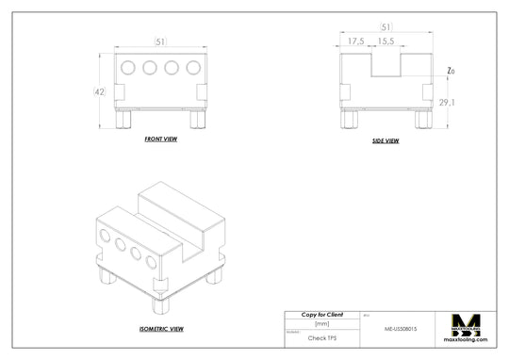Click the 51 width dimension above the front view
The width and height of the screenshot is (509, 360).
[160, 41]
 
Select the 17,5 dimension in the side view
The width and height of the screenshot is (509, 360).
[356, 42]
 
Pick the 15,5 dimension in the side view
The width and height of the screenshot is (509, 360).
[385, 42]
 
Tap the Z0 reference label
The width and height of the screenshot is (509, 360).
[452, 72]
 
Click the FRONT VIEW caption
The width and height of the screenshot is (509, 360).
[160, 139]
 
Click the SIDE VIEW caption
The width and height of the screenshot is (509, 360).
[386, 140]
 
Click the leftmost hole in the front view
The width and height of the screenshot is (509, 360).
[128, 68]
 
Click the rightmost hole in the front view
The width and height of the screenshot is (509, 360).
[193, 68]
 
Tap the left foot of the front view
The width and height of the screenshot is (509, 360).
[123, 120]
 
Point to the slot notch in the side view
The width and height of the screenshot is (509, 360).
[385, 65]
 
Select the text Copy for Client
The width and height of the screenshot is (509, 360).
[321, 314]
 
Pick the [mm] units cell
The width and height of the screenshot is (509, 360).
[321, 323]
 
